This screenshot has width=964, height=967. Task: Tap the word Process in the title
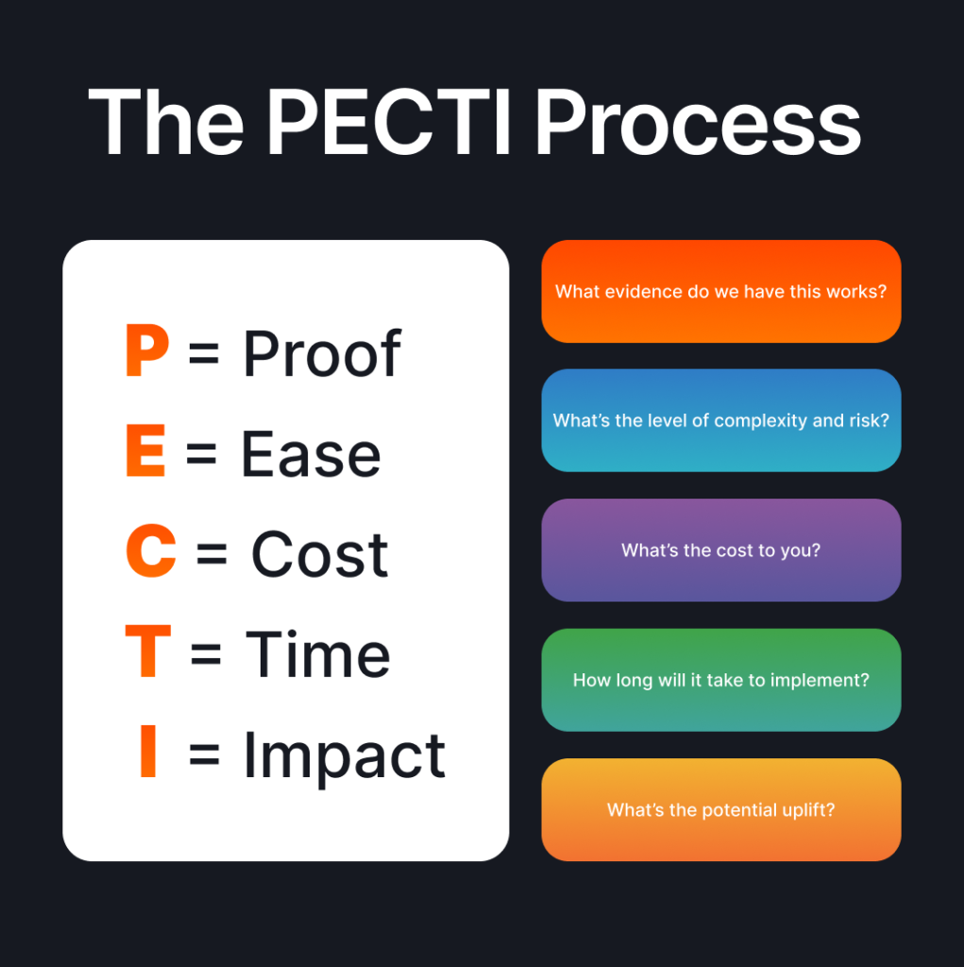coord(698,122)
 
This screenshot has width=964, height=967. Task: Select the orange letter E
coord(145,450)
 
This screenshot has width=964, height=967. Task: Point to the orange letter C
coord(151,551)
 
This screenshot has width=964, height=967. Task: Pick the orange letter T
coord(148,651)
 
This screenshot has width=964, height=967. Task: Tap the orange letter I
coord(148,751)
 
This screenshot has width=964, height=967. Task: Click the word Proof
coord(322,353)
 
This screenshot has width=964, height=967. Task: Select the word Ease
coord(311,454)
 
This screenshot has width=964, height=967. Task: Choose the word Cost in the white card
coord(320,554)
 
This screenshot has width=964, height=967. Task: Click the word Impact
coord(345,756)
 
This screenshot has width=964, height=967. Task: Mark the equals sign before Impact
coord(204,754)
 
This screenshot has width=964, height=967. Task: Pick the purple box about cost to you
coord(721,551)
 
